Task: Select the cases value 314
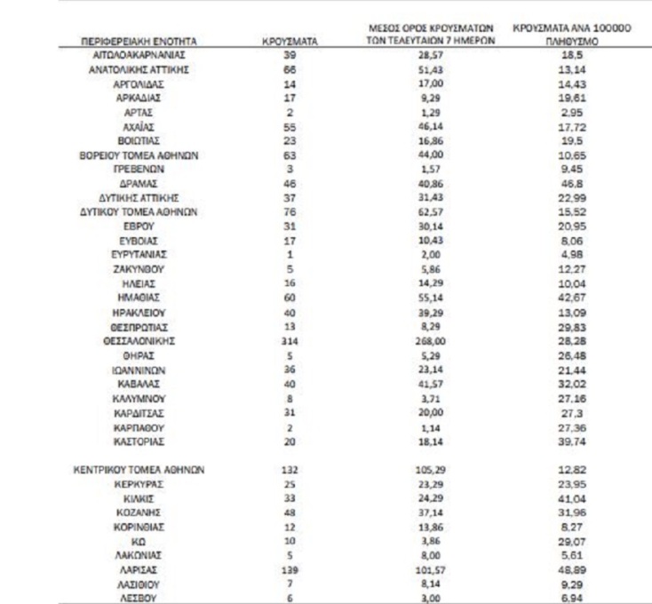tap(290, 340)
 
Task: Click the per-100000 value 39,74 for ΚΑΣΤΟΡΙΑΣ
tap(571, 441)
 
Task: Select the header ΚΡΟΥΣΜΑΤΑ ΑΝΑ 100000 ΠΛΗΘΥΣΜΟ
tap(571, 35)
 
